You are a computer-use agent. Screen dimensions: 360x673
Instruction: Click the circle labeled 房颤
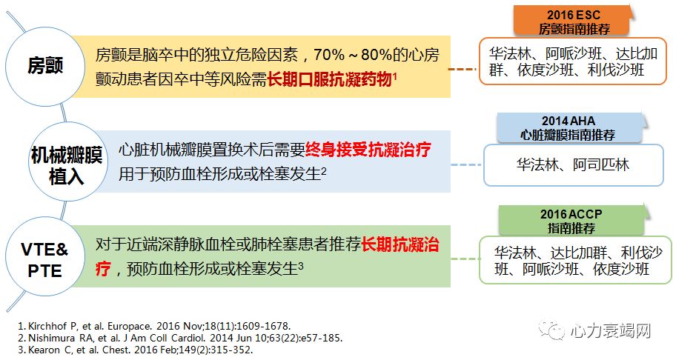45,66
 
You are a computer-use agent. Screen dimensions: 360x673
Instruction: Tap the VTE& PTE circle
46,259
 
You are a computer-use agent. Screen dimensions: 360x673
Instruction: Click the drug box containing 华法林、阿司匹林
573,164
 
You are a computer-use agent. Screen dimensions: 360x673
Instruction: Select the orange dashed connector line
464,70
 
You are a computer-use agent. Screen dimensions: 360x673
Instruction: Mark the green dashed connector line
465,259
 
